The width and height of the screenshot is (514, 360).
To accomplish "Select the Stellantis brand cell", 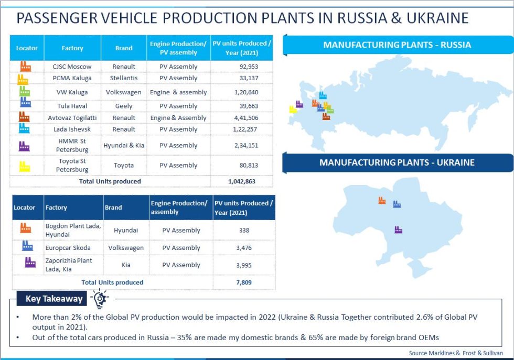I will tap(124, 78).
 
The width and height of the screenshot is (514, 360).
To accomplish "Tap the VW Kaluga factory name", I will tap(72, 92).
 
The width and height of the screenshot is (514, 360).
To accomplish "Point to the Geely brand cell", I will tap(124, 106).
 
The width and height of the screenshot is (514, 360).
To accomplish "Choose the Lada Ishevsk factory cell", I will tap(72, 129).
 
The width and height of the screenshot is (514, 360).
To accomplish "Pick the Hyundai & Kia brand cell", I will tap(124, 145).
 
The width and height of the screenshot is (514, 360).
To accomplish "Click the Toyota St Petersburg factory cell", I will tap(72, 165).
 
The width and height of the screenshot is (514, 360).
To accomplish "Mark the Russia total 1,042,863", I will tap(241, 181).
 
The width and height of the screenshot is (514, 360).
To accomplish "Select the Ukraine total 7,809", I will tap(244, 282).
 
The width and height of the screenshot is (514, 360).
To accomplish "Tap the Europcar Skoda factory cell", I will tap(68, 248).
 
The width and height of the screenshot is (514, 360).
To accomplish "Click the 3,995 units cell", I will tap(244, 265).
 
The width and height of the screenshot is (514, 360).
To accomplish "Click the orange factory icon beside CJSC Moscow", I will tap(25, 66).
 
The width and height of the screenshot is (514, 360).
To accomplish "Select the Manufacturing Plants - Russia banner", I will tap(397, 45).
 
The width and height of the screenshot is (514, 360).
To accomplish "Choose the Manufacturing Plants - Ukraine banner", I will tap(397, 163).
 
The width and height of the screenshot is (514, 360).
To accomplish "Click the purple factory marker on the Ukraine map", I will tap(398, 230).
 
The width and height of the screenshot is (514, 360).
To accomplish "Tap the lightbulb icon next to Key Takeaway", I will tap(100, 299).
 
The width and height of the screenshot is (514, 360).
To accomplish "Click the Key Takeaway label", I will tap(54, 299).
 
